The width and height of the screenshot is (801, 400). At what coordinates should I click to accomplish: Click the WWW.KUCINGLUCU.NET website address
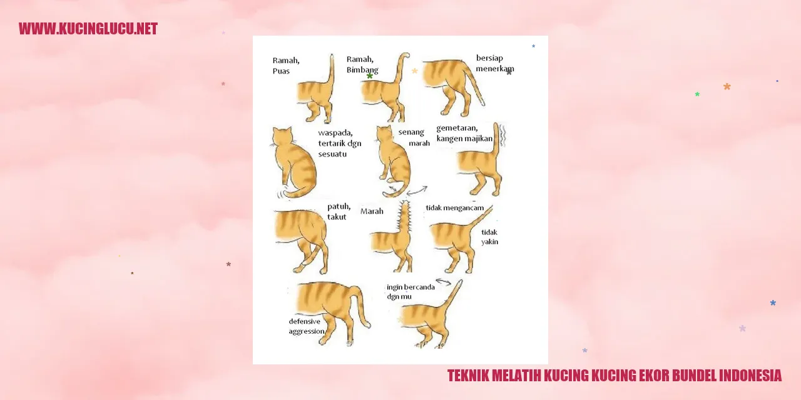88,29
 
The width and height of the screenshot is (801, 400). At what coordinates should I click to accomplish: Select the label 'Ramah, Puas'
286,66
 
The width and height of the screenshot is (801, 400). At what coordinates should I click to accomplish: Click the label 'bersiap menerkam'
495,63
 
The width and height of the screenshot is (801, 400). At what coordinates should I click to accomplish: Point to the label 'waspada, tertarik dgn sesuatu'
340,143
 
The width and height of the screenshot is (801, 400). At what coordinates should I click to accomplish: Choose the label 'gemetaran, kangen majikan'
464,133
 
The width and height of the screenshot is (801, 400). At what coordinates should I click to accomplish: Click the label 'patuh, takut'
339,212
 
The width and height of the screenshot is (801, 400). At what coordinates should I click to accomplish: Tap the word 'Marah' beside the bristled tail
372,211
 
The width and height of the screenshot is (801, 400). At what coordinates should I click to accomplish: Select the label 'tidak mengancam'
454,208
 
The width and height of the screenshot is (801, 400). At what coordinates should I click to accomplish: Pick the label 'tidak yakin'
489,237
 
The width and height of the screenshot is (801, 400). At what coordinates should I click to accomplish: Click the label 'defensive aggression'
307,326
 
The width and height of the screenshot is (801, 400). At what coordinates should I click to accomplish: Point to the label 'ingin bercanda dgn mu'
411,292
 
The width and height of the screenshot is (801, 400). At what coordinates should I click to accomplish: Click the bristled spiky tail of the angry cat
404,218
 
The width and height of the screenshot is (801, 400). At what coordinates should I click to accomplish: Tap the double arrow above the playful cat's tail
444,282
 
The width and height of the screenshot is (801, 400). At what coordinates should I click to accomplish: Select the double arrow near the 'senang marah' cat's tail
417,191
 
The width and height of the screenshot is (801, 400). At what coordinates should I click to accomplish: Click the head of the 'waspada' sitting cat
282,136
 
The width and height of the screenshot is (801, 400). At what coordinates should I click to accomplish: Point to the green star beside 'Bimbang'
370,76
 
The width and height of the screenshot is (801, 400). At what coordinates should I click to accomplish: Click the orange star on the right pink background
727,86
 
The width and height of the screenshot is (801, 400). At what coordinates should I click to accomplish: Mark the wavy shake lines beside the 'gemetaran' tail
503,136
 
